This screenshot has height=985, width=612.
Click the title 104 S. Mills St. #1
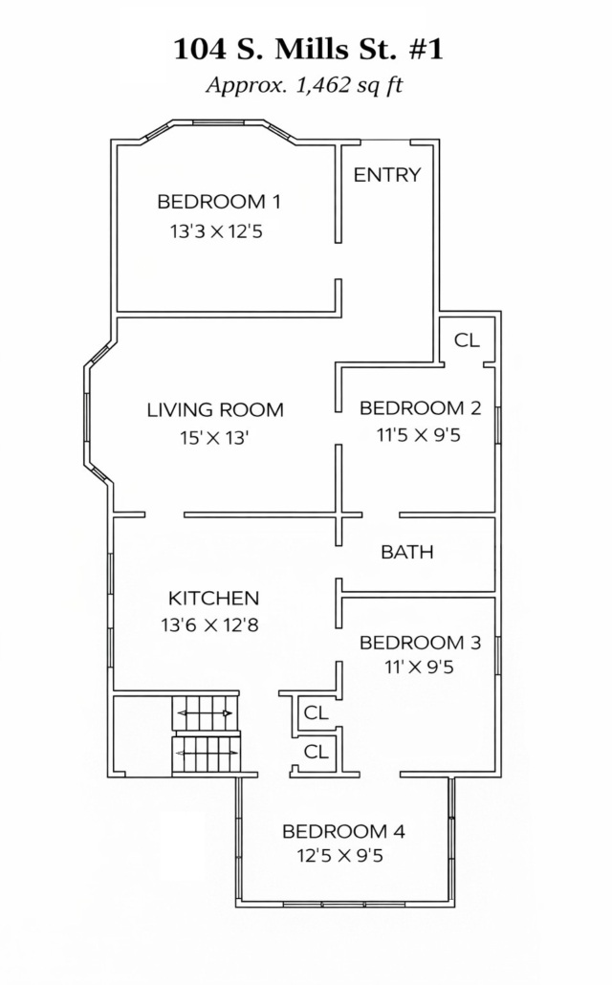[308, 49]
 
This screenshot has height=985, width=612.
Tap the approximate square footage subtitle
[304, 84]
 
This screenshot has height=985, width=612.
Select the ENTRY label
[387, 175]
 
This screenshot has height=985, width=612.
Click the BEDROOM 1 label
[219, 202]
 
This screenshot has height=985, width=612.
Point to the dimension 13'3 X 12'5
[216, 231]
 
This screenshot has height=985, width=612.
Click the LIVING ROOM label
[215, 410]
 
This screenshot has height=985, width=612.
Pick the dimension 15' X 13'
[215, 437]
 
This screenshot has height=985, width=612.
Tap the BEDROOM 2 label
[421, 408]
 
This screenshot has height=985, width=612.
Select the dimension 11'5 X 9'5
[419, 435]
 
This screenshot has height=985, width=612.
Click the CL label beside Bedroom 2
[467, 339]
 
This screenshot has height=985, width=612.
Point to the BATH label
[407, 552]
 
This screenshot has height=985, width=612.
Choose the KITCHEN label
[213, 598]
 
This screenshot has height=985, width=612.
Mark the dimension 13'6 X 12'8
[209, 625]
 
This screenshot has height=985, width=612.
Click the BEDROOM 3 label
[421, 643]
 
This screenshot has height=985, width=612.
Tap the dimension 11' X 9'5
[419, 668]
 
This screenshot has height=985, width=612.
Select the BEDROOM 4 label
[343, 832]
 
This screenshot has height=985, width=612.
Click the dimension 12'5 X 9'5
[339, 856]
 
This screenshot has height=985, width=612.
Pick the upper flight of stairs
[206, 713]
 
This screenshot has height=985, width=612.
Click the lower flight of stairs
[207, 753]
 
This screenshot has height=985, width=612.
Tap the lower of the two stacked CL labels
[317, 752]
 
